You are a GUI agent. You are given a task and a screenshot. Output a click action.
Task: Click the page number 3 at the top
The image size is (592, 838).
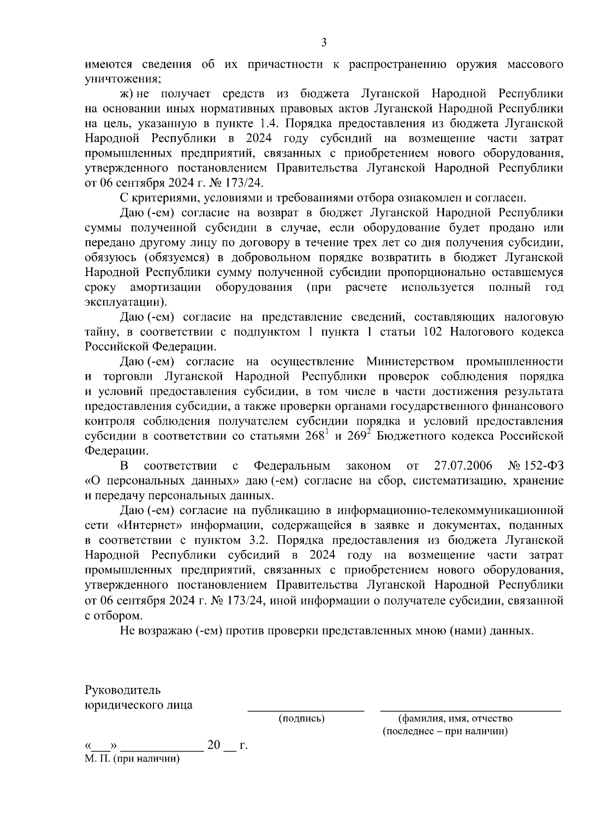tap(324, 43)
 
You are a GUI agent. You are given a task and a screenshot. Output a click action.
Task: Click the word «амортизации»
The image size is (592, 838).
tap(165, 287)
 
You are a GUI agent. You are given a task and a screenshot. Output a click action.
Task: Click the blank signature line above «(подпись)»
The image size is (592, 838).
tap(305, 710)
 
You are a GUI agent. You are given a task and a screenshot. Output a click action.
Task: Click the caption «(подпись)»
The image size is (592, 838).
tap(301, 719)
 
